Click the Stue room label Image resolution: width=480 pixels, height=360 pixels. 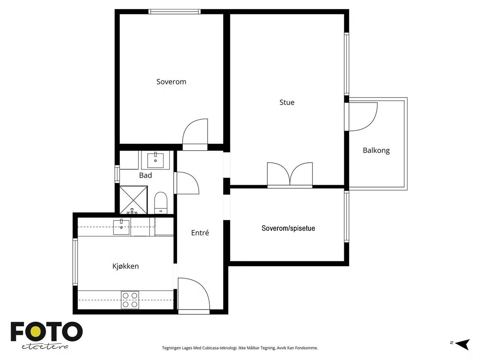pyautogui.click(x=287, y=102)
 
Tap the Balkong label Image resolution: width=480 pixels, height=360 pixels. pyautogui.click(x=376, y=150)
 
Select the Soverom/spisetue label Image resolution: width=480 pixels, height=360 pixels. pyautogui.click(x=288, y=228)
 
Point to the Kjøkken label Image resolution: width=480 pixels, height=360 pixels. pyautogui.click(x=126, y=266)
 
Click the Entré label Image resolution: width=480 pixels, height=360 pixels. pyautogui.click(x=200, y=232)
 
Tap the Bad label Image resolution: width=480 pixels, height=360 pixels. pyautogui.click(x=145, y=175)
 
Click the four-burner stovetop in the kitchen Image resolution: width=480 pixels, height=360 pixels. pyautogui.click(x=130, y=300)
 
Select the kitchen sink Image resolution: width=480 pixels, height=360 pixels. pyautogui.click(x=121, y=227)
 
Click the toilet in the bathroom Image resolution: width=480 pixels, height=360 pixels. pyautogui.click(x=161, y=202)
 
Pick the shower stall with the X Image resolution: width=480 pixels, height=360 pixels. pyautogui.click(x=133, y=200)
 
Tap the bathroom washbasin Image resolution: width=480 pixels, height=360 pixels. pyautogui.click(x=155, y=160)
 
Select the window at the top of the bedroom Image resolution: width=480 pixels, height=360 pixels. pyautogui.click(x=174, y=12)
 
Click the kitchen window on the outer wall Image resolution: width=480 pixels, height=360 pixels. pyautogui.click(x=75, y=262)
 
